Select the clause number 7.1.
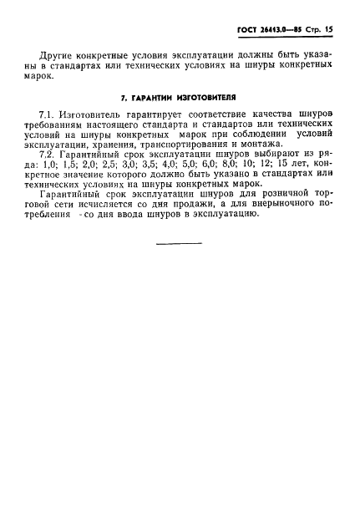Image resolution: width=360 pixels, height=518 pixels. click(x=47, y=113)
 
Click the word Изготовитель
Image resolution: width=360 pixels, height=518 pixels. click(x=88, y=113)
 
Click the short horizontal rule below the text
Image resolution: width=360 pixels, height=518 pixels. click(x=180, y=244)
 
